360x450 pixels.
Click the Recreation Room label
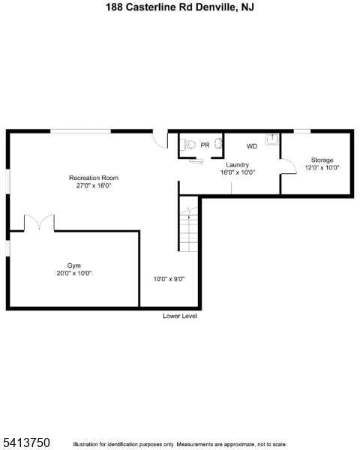click(x=94, y=178)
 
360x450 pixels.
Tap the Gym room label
click(x=73, y=265)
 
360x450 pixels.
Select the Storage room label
click(x=322, y=160)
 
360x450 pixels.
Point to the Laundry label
click(x=237, y=165)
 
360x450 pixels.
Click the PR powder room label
click(x=205, y=145)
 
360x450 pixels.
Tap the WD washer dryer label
click(x=252, y=146)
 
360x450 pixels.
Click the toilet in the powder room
click(x=187, y=144)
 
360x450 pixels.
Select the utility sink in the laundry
click(x=271, y=139)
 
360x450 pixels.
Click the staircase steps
click(x=188, y=229)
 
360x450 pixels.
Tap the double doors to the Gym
click(x=39, y=221)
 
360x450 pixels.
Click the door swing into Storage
click(x=289, y=166)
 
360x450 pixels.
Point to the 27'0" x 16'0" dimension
click(x=94, y=185)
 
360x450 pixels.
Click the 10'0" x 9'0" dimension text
click(x=169, y=279)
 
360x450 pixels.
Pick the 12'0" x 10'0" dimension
click(x=322, y=167)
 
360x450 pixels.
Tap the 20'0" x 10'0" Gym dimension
click(x=74, y=273)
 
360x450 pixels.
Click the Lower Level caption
click(x=180, y=316)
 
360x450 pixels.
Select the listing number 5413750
click(x=26, y=442)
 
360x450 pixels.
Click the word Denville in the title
click(x=214, y=7)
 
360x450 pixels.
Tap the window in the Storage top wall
click(x=302, y=131)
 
